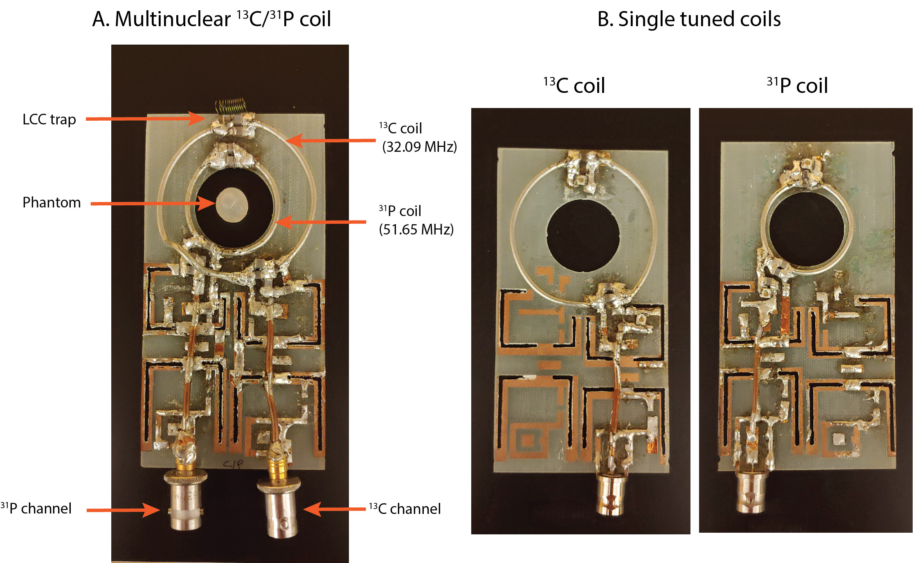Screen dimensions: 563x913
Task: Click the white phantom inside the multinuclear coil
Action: [x=232, y=205]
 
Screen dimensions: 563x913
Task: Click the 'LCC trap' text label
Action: [x=49, y=119]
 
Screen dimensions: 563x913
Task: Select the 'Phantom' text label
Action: [x=52, y=203]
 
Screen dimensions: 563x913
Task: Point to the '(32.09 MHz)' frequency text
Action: [x=419, y=147]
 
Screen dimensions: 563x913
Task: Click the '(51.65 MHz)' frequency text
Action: [x=416, y=230]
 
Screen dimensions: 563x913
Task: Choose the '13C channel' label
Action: [x=405, y=509]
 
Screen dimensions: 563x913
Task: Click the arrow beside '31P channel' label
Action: [x=123, y=510]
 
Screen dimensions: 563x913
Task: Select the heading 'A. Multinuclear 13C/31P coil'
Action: [x=211, y=19]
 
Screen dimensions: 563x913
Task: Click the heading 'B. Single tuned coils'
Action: [x=689, y=19]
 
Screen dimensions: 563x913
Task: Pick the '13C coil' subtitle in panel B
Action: [x=574, y=86]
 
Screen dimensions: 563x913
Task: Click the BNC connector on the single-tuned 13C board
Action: [x=610, y=493]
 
